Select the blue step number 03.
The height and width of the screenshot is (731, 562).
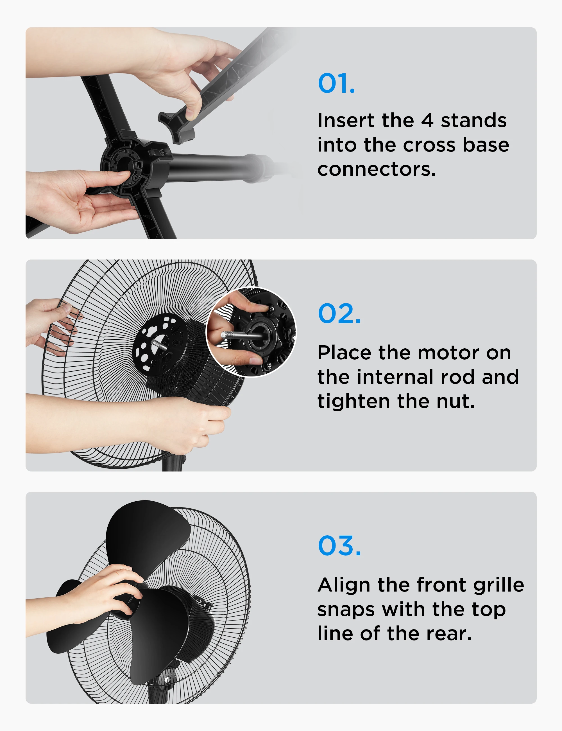[x=339, y=545]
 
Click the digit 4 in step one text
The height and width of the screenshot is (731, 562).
[x=427, y=121]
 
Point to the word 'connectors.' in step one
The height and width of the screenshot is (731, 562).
[x=376, y=169]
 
